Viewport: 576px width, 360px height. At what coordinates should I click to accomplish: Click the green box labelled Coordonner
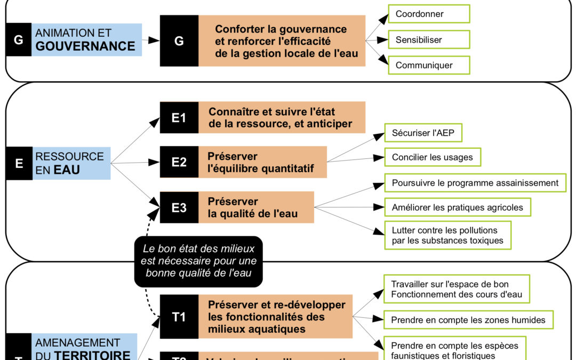point(428,14)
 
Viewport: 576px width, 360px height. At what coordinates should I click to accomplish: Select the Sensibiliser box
point(428,39)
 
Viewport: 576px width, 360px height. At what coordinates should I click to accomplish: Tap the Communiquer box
point(428,65)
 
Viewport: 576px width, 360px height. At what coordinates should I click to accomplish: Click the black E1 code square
point(179,118)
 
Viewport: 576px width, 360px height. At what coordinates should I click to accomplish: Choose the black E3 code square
point(179,207)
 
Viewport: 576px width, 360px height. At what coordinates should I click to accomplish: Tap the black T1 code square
point(179,316)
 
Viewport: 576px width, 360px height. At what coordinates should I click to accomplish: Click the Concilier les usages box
point(432,157)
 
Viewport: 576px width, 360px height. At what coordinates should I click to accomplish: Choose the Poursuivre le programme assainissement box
point(475,183)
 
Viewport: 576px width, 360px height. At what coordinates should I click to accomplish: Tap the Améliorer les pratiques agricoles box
point(457,207)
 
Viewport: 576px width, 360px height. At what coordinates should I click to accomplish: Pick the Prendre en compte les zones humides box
point(468,320)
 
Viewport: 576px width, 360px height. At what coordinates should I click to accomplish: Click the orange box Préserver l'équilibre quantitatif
point(263,163)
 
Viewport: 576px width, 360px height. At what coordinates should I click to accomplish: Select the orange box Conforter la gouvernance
point(282,41)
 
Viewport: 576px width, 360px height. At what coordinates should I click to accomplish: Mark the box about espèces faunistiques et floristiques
point(454,349)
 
